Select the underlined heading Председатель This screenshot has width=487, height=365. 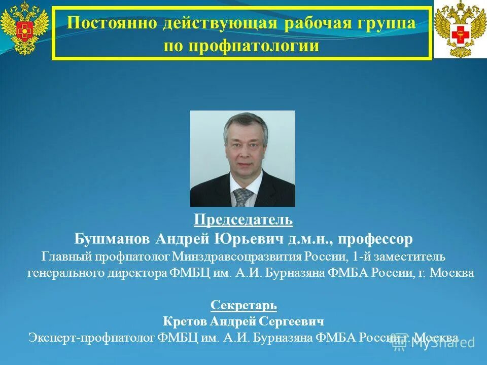(x=243, y=220)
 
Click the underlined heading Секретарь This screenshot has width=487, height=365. (x=243, y=305)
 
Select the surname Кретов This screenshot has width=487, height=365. (x=183, y=321)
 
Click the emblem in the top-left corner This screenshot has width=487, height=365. (x=24, y=28)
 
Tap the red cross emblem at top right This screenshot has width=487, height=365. (x=460, y=29)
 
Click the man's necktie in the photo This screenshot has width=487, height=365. (x=242, y=197)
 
